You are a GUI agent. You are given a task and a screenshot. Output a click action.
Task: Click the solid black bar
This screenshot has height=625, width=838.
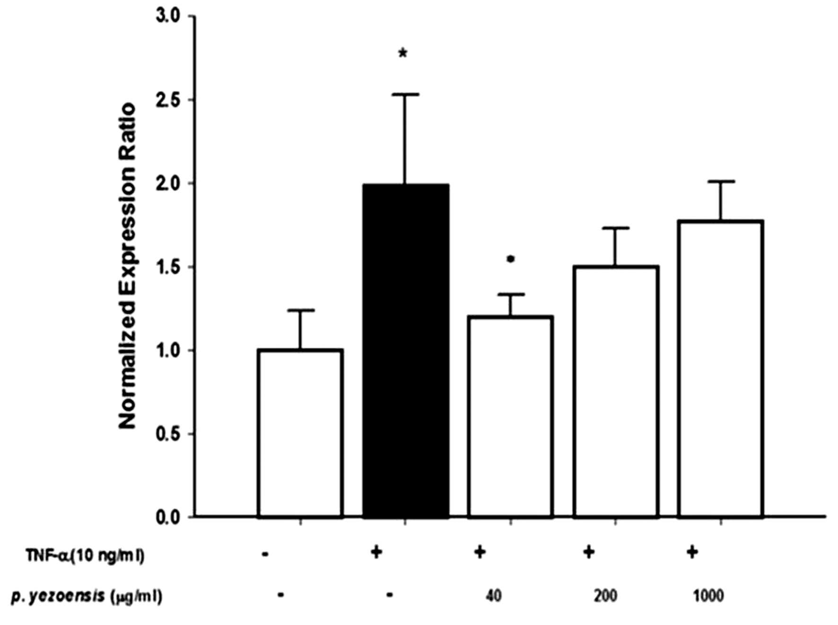(x=406, y=351)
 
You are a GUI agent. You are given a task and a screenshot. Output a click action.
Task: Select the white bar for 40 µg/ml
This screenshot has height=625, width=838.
(x=511, y=416)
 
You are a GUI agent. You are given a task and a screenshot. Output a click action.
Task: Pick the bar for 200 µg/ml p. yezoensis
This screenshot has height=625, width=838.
(x=616, y=391)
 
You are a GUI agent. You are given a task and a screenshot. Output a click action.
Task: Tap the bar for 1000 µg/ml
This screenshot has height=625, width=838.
(x=721, y=369)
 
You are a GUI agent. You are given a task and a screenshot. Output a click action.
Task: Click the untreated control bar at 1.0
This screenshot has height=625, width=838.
(x=301, y=433)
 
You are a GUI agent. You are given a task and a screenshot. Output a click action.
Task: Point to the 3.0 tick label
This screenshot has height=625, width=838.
(x=168, y=17)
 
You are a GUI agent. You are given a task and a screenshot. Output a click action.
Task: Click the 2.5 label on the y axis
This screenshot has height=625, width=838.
(x=168, y=100)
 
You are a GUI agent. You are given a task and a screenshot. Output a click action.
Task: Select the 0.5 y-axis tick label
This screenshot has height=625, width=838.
(x=168, y=434)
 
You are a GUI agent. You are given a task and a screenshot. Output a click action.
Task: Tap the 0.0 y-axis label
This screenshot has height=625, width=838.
(x=168, y=517)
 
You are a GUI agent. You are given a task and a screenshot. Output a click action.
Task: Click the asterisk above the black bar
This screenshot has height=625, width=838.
(x=403, y=53)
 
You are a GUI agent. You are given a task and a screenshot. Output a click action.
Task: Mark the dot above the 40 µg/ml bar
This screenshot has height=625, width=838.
(x=511, y=259)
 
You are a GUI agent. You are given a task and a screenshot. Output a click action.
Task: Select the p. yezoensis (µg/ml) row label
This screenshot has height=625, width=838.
(x=87, y=596)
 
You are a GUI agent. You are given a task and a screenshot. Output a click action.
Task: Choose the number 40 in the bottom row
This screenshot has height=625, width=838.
(x=493, y=596)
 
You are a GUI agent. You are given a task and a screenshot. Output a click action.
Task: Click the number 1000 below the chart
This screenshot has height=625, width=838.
(x=708, y=596)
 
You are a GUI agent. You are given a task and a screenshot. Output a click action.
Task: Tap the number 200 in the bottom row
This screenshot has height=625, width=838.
(x=606, y=596)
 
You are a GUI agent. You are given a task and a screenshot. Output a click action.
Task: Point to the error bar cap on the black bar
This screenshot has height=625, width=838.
(x=405, y=95)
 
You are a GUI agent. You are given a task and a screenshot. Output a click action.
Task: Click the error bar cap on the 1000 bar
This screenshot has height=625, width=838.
(x=721, y=181)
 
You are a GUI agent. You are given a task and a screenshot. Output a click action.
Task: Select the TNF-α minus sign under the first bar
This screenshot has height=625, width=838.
(x=265, y=553)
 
